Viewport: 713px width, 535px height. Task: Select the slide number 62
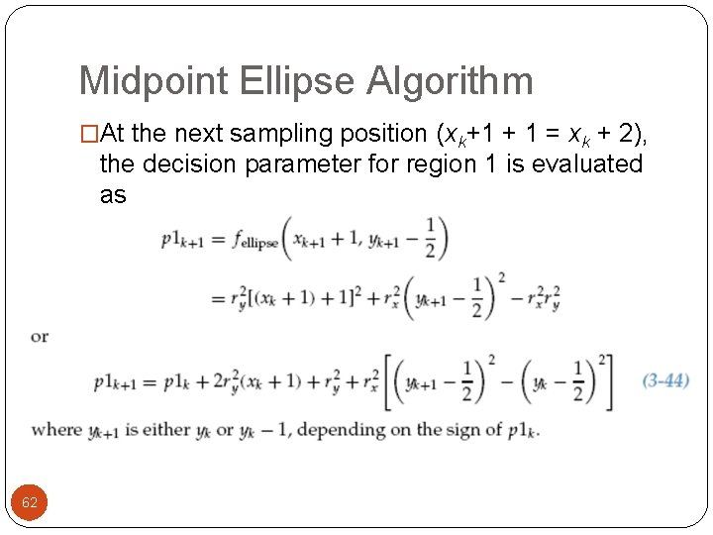coord(30,502)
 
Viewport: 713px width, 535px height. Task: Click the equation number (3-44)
coord(665,380)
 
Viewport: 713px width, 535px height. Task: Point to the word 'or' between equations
coord(40,337)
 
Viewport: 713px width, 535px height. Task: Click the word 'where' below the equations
coord(56,430)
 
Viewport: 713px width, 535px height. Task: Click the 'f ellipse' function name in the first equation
coord(256,241)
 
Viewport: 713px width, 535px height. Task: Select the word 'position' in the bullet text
coord(374,134)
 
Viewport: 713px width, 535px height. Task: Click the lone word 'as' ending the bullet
coord(113,194)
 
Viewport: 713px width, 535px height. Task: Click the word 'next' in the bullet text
coord(182,134)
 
